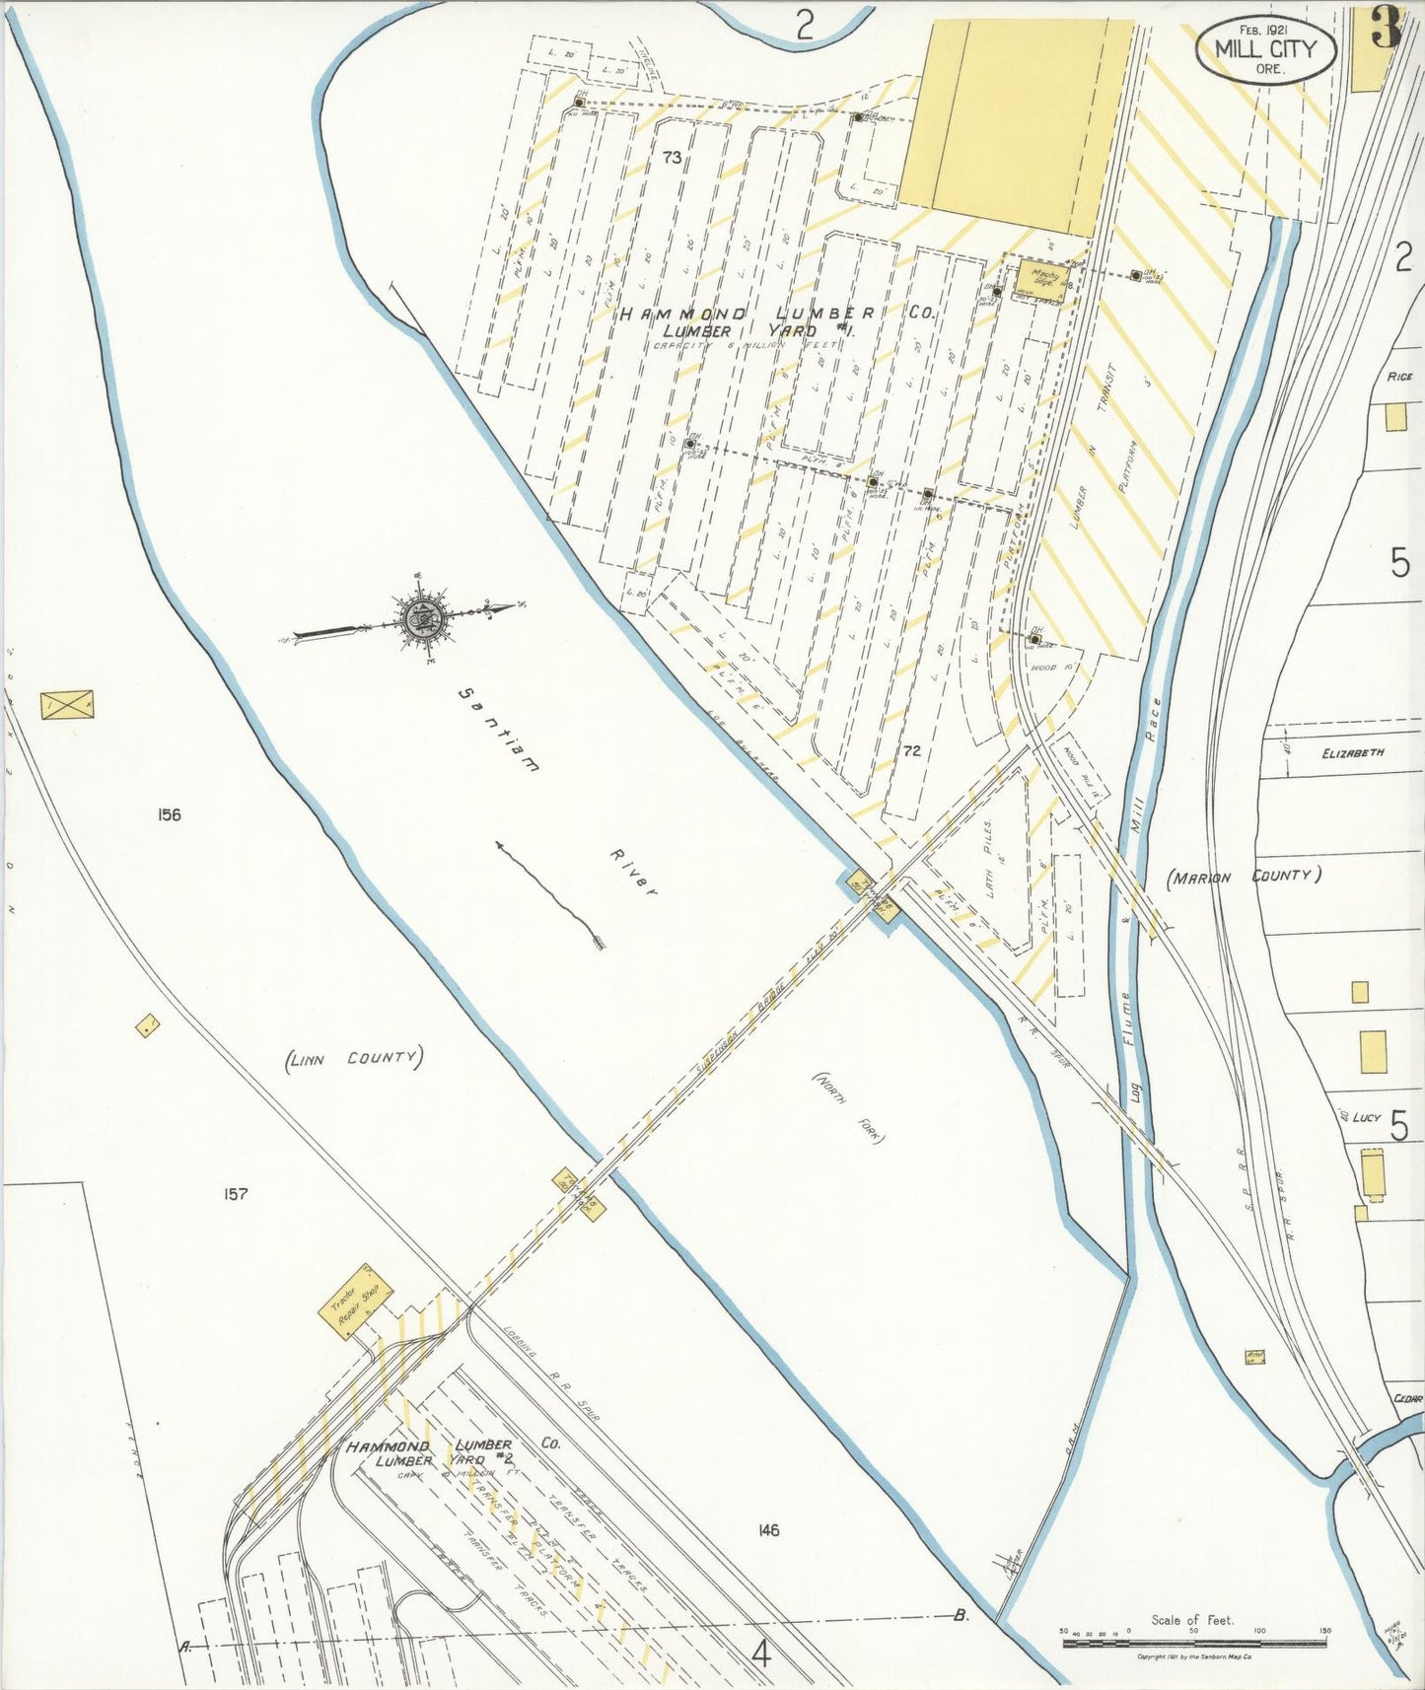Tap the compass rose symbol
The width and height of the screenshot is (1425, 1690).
pyautogui.click(x=426, y=618)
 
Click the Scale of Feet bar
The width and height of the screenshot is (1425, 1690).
pyautogui.click(x=1192, y=1642)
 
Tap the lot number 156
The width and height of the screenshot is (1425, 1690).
pyautogui.click(x=169, y=814)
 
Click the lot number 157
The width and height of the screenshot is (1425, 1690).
pyautogui.click(x=235, y=1194)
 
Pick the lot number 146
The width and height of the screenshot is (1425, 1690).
pyautogui.click(x=769, y=1530)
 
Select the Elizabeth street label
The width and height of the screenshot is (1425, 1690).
pyautogui.click(x=1353, y=752)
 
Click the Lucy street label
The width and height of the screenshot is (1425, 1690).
pyautogui.click(x=1366, y=1117)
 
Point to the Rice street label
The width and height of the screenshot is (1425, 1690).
pyautogui.click(x=1399, y=377)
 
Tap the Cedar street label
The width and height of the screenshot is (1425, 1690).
pyautogui.click(x=1408, y=1398)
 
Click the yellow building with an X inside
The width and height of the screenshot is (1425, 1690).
pyautogui.click(x=67, y=705)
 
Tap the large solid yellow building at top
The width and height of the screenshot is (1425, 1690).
pyautogui.click(x=1016, y=126)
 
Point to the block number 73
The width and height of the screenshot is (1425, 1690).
pyautogui.click(x=673, y=157)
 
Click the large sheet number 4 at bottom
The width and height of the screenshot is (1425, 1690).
pyautogui.click(x=760, y=1654)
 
